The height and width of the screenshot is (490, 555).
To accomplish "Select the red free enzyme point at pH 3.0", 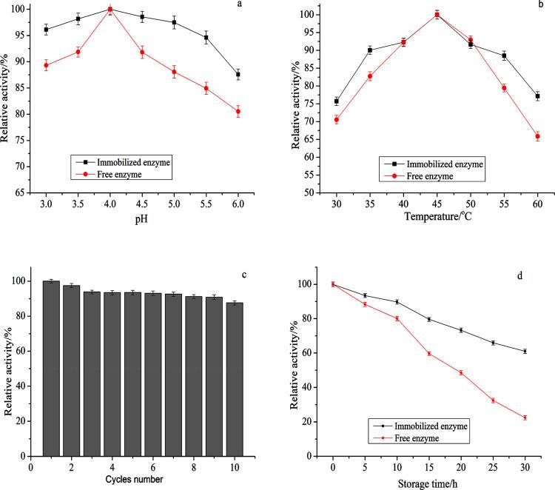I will tap(46, 65).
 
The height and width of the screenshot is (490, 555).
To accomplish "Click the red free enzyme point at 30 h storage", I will tap(525, 417).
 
